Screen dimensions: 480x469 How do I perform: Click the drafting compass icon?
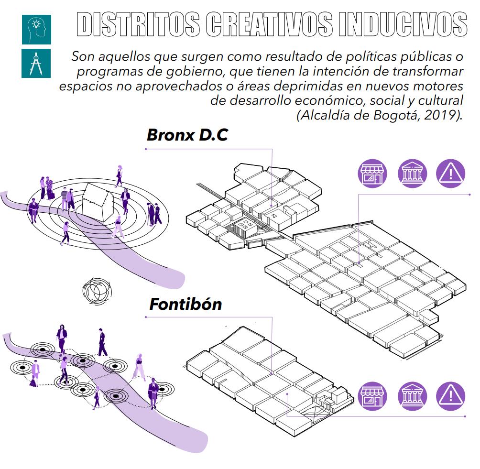click(x=36, y=63)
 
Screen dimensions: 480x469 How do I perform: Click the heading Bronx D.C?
click(x=187, y=135)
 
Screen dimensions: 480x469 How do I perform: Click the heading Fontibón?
click(x=185, y=304)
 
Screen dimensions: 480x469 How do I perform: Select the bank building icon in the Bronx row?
click(x=412, y=174)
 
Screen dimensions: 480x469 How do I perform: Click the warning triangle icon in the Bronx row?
click(x=450, y=174)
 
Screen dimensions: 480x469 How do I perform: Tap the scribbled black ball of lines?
click(x=97, y=290)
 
